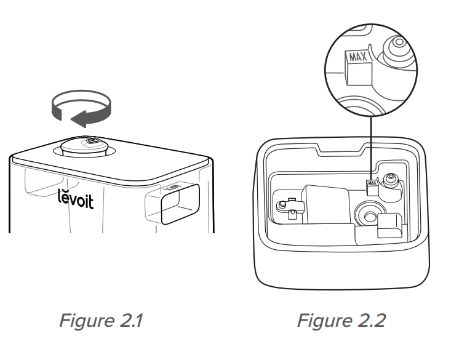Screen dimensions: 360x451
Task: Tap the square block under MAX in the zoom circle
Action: [x=355, y=75]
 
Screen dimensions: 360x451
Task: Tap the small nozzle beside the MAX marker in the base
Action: [x=389, y=180]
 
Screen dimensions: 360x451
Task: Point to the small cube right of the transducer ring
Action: [x=389, y=226]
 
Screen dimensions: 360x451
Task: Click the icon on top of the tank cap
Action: [x=93, y=141]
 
